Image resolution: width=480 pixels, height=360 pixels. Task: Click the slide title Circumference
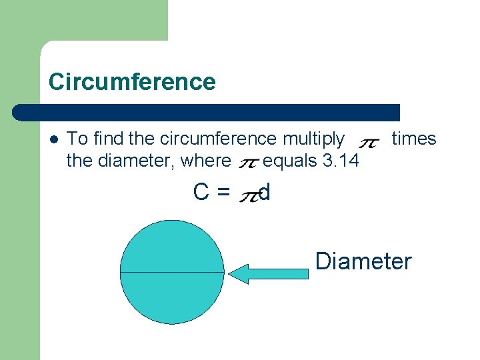(x=132, y=82)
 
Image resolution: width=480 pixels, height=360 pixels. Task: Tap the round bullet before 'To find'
(x=54, y=139)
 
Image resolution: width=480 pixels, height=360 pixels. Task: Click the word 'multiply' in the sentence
(x=314, y=139)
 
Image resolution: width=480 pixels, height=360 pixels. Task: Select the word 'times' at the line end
(x=413, y=139)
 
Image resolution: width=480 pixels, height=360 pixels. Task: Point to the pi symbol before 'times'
(x=369, y=143)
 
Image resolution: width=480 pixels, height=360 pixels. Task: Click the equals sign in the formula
(x=223, y=193)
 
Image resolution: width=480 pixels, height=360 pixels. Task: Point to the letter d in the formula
(x=265, y=192)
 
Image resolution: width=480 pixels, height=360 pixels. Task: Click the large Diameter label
(x=363, y=261)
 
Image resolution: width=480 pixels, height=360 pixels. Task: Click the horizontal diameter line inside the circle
(x=172, y=273)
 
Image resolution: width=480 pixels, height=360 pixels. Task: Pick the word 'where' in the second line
(x=204, y=161)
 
